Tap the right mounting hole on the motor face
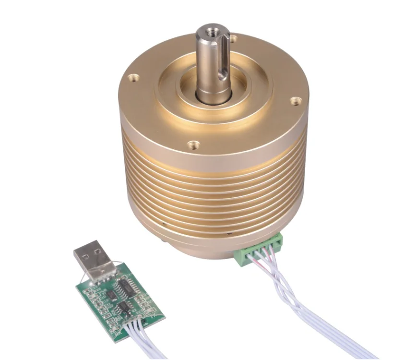click(x=296, y=101)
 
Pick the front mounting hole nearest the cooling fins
click(x=193, y=143)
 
